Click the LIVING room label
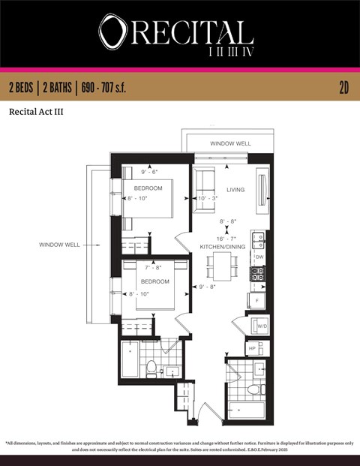[235, 190]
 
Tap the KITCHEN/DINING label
[222, 246]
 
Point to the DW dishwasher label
[259, 257]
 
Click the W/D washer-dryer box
[262, 327]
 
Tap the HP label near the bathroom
[252, 348]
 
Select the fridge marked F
[258, 300]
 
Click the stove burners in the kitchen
[258, 275]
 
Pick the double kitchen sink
[258, 240]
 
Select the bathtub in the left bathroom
[129, 360]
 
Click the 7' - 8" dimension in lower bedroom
[153, 267]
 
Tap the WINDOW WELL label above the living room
[229, 143]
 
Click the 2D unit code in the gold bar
[344, 88]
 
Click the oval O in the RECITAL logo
[112, 32]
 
